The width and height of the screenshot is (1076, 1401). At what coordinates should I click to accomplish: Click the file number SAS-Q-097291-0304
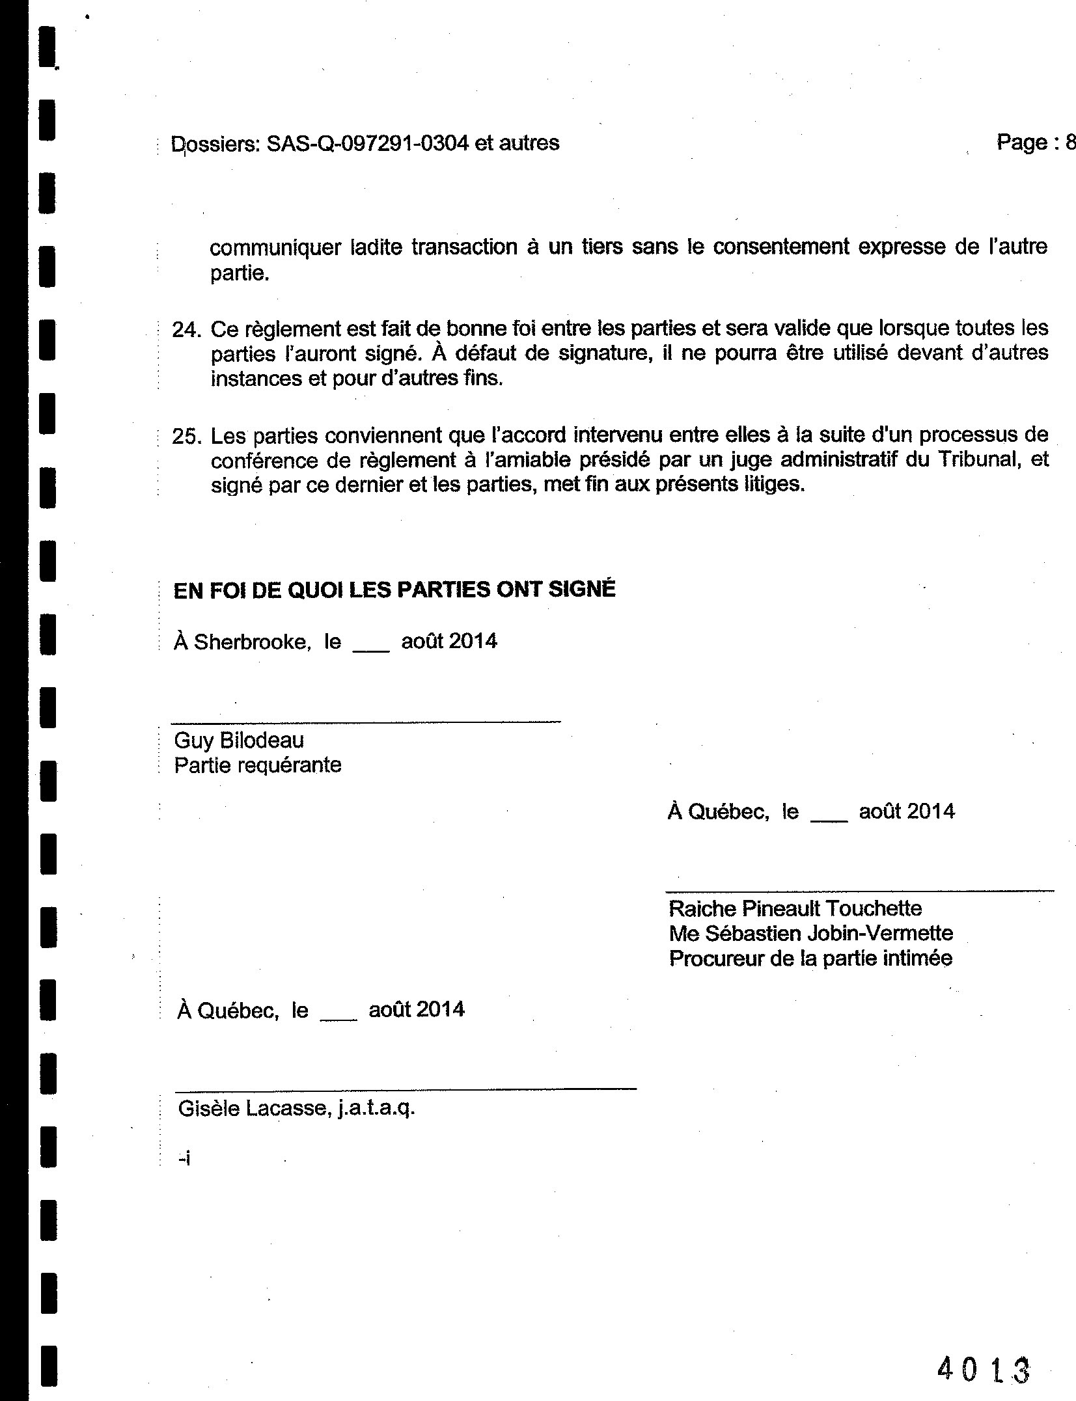pyautogui.click(x=367, y=143)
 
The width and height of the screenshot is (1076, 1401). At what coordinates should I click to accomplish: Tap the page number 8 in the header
pyautogui.click(x=1069, y=142)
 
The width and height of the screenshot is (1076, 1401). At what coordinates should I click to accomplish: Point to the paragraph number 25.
pyautogui.click(x=185, y=437)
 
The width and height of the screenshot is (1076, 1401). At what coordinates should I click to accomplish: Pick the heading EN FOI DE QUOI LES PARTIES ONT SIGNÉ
pyautogui.click(x=394, y=590)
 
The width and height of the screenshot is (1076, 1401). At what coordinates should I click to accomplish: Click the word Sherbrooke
pyautogui.click(x=251, y=642)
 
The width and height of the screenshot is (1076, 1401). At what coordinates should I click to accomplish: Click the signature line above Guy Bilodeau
pyautogui.click(x=365, y=721)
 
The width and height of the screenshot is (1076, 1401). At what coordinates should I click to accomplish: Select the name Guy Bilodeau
pyautogui.click(x=239, y=740)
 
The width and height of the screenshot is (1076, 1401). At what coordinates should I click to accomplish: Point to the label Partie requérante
pyautogui.click(x=258, y=765)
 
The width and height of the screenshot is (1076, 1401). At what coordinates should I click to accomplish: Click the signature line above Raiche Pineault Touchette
pyautogui.click(x=859, y=890)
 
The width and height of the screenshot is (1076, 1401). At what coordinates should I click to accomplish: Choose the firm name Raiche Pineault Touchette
pyautogui.click(x=795, y=908)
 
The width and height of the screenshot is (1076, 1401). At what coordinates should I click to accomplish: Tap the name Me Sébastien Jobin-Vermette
pyautogui.click(x=810, y=933)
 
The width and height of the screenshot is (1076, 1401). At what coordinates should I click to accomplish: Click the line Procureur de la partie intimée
pyautogui.click(x=810, y=959)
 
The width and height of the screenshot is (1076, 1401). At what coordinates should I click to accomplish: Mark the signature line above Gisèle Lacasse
pyautogui.click(x=406, y=1088)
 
